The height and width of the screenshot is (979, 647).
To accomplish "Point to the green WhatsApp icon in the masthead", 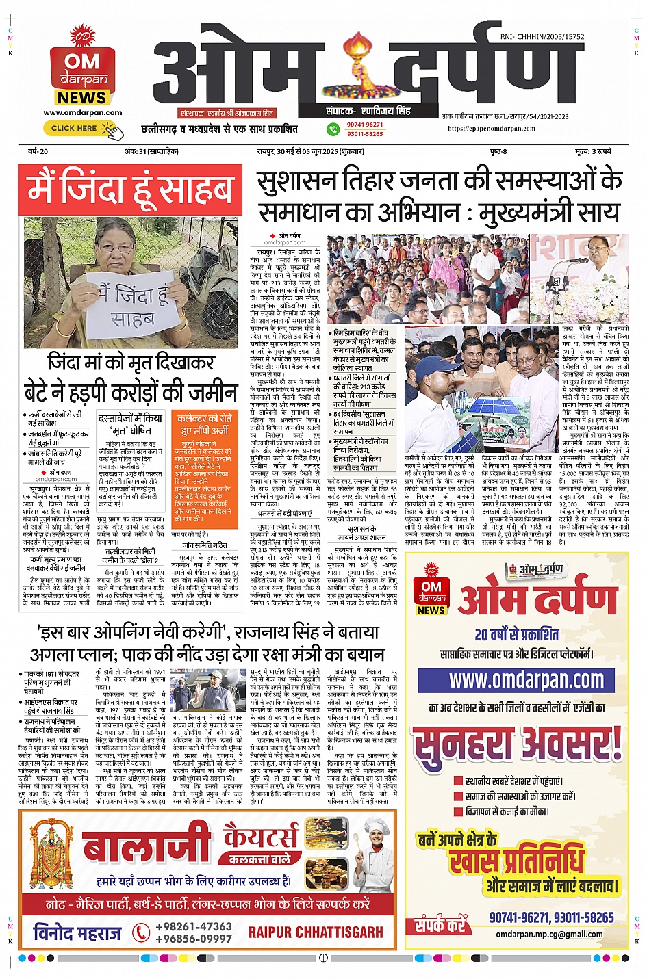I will tap(333, 129).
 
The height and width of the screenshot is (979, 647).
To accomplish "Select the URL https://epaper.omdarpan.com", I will tap(492, 128).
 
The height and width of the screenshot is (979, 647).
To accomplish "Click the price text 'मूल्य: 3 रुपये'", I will tap(593, 151).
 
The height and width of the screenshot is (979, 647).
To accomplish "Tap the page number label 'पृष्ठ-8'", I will tap(498, 151).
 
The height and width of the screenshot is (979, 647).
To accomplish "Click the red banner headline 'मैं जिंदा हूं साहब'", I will tap(129, 191).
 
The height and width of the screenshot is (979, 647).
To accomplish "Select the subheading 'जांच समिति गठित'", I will tap(204, 545).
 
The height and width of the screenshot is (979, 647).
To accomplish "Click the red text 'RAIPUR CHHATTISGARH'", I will tap(316, 932).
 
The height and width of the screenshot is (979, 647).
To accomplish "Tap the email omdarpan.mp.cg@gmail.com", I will tap(549, 934).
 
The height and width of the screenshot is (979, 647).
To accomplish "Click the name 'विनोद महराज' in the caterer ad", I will tap(77, 932).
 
